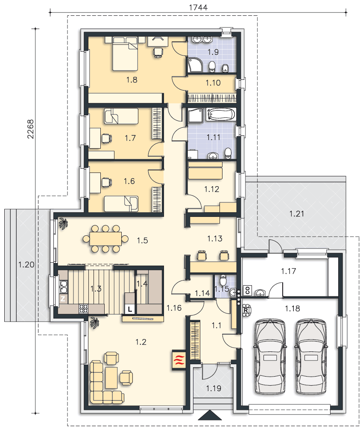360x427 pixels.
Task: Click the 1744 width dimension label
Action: pos(198,7)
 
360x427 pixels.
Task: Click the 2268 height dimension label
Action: pos(30,129)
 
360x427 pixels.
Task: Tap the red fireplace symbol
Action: pos(179,360)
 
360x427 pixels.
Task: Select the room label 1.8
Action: pos(132,80)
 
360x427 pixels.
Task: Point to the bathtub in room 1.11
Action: pos(221,114)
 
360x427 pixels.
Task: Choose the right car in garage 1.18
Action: pos(311,357)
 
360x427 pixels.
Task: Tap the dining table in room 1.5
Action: pos(105,239)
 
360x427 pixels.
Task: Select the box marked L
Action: pos(130,309)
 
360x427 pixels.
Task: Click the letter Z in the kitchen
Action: pos(63,299)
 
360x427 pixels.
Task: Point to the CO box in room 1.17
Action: pos(248,290)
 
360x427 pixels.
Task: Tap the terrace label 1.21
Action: pos(296,214)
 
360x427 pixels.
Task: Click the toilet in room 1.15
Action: pos(223,279)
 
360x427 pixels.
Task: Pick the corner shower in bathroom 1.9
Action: pos(195,65)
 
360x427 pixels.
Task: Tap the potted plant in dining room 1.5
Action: pos(64,224)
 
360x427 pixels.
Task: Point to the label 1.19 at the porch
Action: pos(214,388)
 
